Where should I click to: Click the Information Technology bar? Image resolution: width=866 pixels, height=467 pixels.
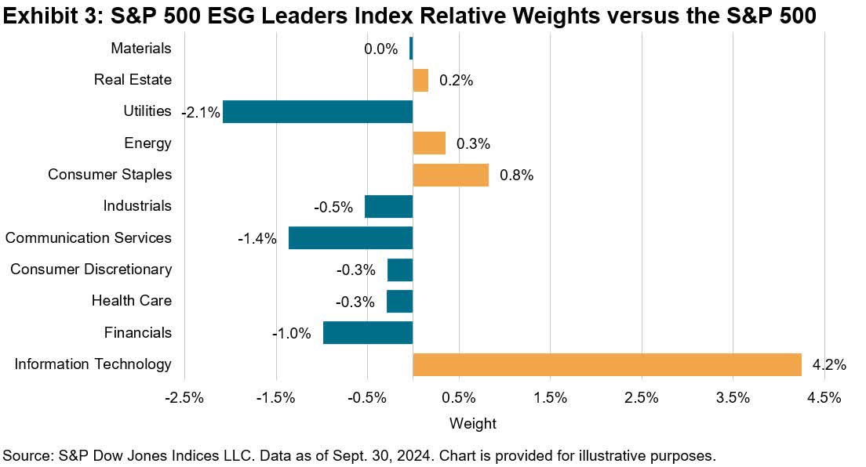(606, 364)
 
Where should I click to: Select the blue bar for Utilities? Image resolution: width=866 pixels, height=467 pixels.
(317, 111)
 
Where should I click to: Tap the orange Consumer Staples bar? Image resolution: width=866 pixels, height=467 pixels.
(450, 175)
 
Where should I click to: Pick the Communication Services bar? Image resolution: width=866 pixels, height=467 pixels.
(350, 237)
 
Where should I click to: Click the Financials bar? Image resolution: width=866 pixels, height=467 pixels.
(367, 332)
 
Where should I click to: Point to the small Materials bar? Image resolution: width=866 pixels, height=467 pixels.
(411, 49)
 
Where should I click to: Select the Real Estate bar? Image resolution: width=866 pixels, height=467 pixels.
(420, 80)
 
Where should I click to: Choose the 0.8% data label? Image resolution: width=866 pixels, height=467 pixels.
(516, 176)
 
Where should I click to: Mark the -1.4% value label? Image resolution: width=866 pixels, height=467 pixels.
(257, 239)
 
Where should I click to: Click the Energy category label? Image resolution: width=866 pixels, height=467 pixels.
(147, 143)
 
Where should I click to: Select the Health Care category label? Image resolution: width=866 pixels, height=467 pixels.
(131, 300)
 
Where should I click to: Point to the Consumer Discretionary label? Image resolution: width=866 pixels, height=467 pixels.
(90, 269)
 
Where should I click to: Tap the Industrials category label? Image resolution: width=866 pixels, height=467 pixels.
(137, 205)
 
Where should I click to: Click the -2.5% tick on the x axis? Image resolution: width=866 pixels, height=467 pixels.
(184, 397)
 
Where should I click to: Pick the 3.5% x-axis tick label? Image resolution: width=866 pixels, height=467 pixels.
(733, 397)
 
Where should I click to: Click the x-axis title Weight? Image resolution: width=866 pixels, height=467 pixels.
(472, 424)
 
